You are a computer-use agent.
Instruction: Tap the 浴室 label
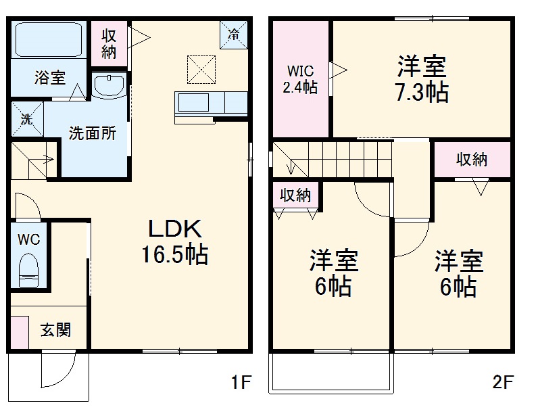coord(50,77)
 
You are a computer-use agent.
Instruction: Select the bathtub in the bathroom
coord(48,40)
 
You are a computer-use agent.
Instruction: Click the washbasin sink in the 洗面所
coord(108,86)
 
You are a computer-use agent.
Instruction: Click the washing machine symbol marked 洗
coord(26,119)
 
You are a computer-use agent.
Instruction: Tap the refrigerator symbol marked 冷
coord(234,33)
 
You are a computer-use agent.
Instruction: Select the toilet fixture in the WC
coord(28,269)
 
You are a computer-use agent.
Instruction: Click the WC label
coord(28,239)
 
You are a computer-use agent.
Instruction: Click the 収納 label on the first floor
coord(109,43)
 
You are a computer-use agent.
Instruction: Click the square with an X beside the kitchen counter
coord(199,68)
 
